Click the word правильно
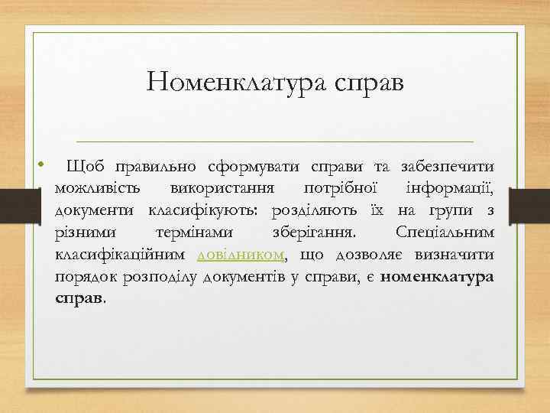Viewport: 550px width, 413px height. [156, 165]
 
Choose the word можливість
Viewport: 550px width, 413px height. [97, 187]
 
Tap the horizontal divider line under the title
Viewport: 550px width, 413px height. [265, 141]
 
